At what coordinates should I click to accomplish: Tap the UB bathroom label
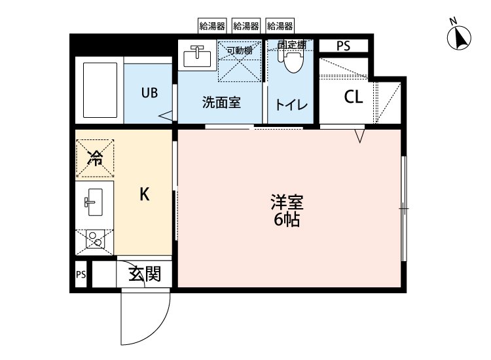click(x=149, y=92)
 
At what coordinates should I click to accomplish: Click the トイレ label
click(x=287, y=103)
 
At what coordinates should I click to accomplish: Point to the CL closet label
click(x=354, y=97)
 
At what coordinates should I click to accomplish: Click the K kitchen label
click(x=145, y=194)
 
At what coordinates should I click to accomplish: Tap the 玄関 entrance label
click(x=144, y=274)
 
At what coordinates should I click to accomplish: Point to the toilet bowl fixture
click(x=292, y=61)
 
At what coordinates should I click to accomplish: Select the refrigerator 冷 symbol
click(x=95, y=157)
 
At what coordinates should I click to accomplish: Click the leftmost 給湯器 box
click(x=212, y=26)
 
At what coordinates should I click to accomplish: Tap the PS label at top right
click(x=343, y=46)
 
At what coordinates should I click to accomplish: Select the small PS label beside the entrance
click(x=81, y=274)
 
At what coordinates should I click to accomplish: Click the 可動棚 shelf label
click(x=240, y=50)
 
